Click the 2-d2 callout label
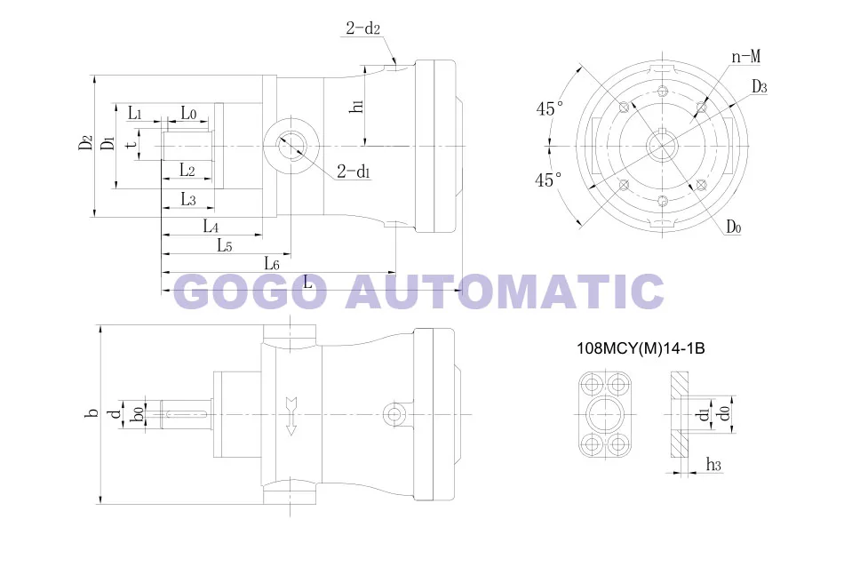pos(363,28)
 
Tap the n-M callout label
pos(745,57)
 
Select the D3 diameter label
pos(759,86)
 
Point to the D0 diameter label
pos(734,226)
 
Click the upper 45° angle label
pos(550,108)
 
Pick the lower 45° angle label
pos(548,180)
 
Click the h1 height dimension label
pos(357,106)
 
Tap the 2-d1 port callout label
pos(354,172)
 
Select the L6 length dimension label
pos(272,264)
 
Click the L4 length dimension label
pos(211,226)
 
